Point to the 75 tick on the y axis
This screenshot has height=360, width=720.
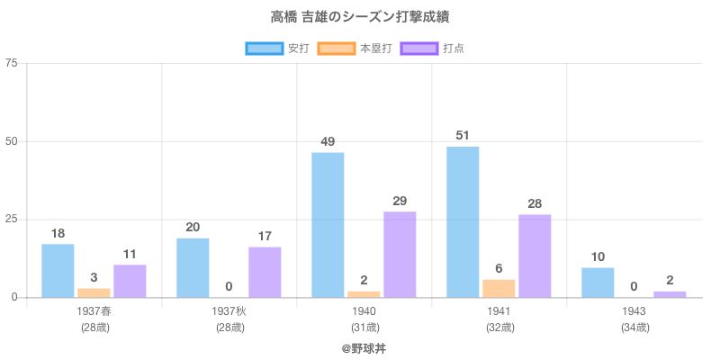(x=11, y=63)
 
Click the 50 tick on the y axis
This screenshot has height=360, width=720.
(x=11, y=141)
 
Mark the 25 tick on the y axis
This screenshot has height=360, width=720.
(x=11, y=220)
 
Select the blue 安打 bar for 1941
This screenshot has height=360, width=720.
(x=463, y=222)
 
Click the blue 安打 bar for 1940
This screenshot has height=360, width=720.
(x=328, y=225)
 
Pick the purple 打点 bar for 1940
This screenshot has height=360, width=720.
(x=400, y=255)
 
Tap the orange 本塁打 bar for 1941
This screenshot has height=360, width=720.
(x=499, y=289)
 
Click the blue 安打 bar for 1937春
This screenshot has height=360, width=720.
(x=58, y=271)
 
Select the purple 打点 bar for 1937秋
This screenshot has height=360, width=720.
(x=265, y=272)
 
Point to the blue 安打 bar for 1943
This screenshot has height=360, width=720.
(x=598, y=283)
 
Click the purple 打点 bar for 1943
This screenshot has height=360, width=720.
(x=670, y=294)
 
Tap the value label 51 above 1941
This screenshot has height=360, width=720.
(x=463, y=135)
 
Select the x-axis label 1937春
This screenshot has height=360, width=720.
(x=94, y=310)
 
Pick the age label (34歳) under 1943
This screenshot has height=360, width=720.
(x=634, y=327)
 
